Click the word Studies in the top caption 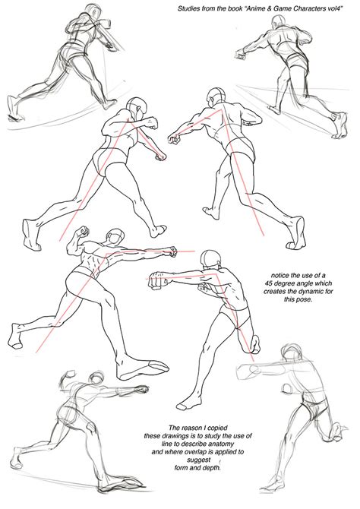[x=188, y=9]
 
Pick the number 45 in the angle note [x=269, y=283]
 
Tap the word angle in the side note [x=303, y=283]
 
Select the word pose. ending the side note [x=305, y=299]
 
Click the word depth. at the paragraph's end [x=213, y=468]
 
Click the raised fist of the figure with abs [x=83, y=231]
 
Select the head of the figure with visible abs [x=115, y=237]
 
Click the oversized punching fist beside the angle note [x=158, y=281]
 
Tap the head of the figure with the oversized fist [x=211, y=259]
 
